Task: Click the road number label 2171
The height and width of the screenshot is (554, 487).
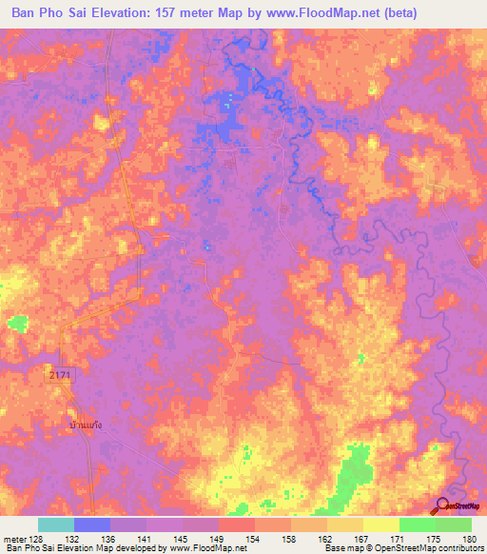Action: point(62,378)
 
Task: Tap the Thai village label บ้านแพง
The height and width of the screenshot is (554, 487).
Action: point(86,426)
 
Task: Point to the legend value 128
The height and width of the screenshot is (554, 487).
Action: point(38,540)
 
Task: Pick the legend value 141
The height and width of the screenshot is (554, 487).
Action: point(146,540)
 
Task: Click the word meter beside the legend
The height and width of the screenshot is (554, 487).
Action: point(15,540)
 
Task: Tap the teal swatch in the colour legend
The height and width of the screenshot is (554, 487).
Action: point(56,524)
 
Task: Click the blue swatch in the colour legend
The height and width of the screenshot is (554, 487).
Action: point(92,524)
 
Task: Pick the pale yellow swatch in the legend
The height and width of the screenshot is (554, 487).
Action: point(381,524)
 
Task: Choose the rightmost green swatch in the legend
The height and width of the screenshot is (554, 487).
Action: point(454,524)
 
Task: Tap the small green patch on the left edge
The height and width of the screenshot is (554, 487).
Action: point(16,324)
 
